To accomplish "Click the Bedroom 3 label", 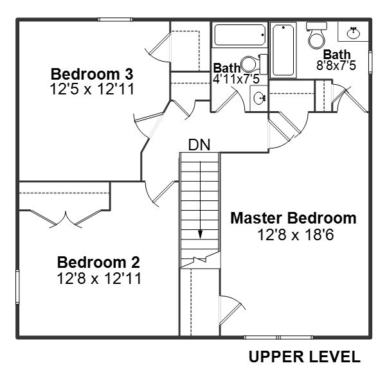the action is tap(92, 74).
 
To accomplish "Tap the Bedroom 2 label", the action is tap(98, 262).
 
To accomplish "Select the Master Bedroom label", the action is tap(293, 218).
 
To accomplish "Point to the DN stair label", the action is tap(199, 145).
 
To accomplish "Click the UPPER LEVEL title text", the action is tap(304, 357).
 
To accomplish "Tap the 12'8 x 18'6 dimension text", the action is tap(296, 234).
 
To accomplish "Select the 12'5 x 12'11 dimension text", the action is tap(92, 89).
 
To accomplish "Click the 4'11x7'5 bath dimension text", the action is tap(236, 80).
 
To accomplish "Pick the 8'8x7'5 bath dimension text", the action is tap(336, 66).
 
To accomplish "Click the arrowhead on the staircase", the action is tap(200, 234).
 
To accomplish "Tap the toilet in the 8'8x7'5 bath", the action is tap(316, 35).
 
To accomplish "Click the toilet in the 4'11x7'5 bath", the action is tap(254, 64).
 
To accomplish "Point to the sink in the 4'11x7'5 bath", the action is tap(259, 98).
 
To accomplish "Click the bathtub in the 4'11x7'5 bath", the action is tap(240, 35).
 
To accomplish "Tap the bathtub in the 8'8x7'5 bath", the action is tap(283, 50).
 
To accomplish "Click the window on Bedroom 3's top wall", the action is tap(115, 19).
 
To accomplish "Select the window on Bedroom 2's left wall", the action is tap(17, 287).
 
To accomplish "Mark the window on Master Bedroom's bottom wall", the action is tap(278, 337).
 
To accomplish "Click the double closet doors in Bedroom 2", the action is tap(66, 218).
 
